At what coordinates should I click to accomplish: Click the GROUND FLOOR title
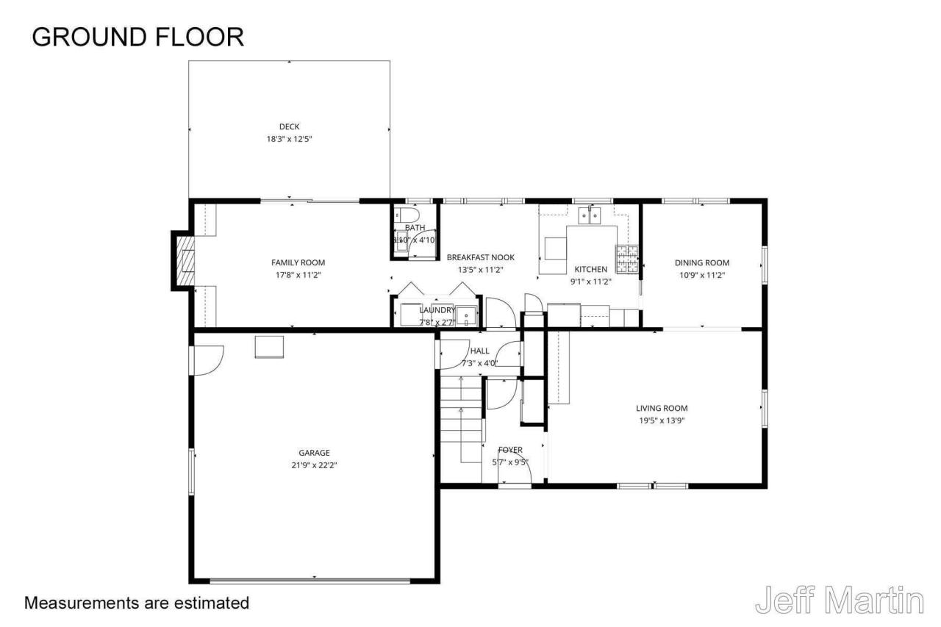point(137,37)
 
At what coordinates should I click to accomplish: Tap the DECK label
point(289,126)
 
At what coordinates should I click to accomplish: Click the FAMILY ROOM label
point(298,262)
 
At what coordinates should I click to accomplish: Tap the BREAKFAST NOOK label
point(480,257)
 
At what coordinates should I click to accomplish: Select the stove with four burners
point(626,258)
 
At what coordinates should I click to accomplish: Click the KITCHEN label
point(590,269)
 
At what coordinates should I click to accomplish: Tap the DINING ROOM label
point(701,262)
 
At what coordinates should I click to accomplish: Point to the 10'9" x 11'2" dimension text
point(701,275)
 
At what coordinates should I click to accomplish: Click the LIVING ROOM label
point(662,408)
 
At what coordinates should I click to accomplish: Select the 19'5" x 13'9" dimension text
point(662,420)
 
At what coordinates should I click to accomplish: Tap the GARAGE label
point(314,453)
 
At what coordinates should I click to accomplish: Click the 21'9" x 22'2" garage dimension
point(314,465)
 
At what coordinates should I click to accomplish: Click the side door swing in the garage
point(207,360)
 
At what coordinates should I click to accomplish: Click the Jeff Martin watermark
point(839,601)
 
